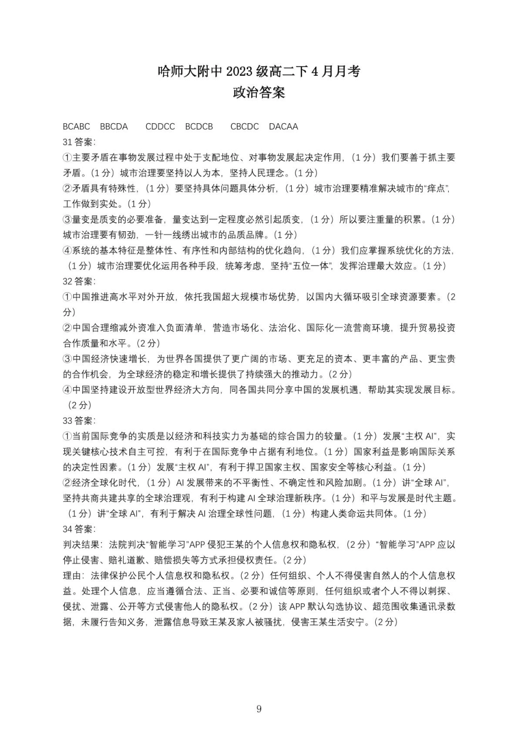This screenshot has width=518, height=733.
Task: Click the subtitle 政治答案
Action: click(258, 93)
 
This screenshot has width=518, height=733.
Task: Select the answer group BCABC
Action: click(76, 127)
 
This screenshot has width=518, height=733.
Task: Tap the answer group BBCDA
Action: click(114, 127)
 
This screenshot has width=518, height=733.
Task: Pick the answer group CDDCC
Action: click(160, 127)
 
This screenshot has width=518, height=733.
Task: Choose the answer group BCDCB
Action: click(199, 127)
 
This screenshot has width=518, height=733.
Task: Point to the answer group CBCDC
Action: click(244, 127)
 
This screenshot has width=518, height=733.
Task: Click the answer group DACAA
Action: click(284, 127)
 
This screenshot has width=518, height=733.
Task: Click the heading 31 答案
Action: click(79, 142)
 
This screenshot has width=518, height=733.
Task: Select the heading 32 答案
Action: click(79, 281)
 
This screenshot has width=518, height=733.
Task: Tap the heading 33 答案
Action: click(79, 420)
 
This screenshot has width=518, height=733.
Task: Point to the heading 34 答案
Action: click(79, 529)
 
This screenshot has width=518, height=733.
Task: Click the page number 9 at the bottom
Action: click(259, 709)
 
